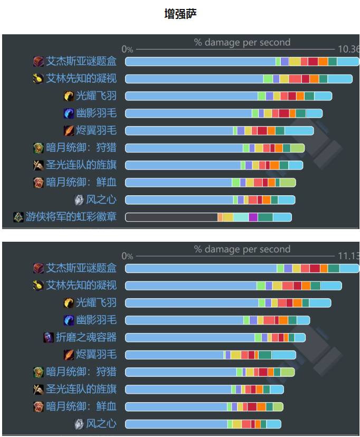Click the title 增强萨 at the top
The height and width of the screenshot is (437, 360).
point(181,14)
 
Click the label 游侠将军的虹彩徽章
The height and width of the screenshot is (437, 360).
point(71,217)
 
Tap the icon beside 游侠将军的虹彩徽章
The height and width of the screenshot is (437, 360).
point(18,217)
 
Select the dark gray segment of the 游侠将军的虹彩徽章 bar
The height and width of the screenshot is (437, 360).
point(172,217)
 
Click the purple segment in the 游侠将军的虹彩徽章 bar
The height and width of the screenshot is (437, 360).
point(253,217)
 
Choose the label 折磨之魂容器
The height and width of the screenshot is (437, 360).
point(86,337)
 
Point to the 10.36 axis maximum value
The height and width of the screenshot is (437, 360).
point(348,49)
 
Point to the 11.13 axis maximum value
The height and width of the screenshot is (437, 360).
point(348,255)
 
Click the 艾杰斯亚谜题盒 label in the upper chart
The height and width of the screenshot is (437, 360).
point(81,61)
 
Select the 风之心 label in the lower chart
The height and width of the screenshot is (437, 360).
point(101,423)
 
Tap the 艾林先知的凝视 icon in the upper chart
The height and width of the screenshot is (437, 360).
point(38,79)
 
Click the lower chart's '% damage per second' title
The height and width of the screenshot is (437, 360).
point(242,249)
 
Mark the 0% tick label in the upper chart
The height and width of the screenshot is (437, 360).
point(127,49)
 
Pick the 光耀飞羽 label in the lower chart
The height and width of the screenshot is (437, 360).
point(96,302)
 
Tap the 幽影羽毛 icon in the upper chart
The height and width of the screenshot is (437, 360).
point(69,113)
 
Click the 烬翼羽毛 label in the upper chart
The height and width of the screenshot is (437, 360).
point(96,130)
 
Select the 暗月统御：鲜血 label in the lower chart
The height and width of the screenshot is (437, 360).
point(81,406)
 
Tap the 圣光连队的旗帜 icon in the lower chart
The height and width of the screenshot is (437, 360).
point(38,389)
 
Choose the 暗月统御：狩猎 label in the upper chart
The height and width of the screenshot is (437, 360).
point(81,148)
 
